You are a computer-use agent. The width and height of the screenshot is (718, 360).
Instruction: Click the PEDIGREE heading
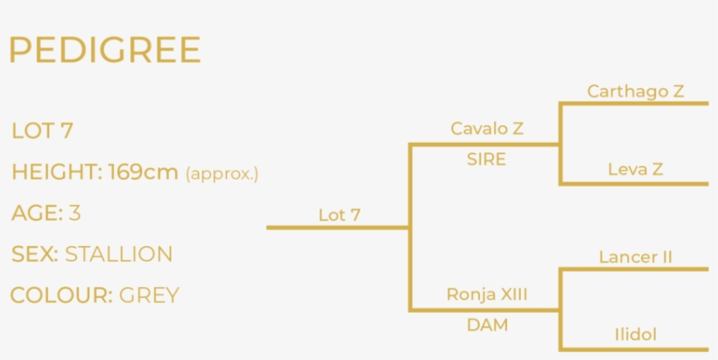[x=105, y=51]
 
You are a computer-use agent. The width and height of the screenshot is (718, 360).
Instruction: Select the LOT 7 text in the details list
[x=42, y=131]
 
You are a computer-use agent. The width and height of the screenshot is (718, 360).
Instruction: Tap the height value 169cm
[x=143, y=173]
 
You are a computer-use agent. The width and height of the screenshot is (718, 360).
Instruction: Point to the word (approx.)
[x=222, y=173]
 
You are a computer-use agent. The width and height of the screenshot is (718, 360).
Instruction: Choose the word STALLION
[x=118, y=255]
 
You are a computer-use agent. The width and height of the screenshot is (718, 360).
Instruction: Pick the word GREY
[x=149, y=295]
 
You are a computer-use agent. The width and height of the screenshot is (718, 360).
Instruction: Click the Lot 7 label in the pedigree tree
[x=340, y=214]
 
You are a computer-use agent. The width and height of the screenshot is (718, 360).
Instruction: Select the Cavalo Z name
[x=487, y=129]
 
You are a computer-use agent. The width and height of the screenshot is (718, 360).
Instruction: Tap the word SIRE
[x=486, y=159]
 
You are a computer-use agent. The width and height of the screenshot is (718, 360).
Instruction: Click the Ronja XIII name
[x=487, y=294]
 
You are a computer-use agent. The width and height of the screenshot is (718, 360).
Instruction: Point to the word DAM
[x=487, y=325]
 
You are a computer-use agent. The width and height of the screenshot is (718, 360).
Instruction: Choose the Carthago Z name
[x=636, y=90]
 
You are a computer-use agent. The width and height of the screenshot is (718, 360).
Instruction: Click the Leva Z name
[x=636, y=169]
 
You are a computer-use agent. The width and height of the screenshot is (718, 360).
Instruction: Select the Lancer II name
[x=636, y=257]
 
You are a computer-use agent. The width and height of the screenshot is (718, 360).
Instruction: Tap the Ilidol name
[x=636, y=334]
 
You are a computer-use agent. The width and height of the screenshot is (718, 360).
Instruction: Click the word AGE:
[x=36, y=213]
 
